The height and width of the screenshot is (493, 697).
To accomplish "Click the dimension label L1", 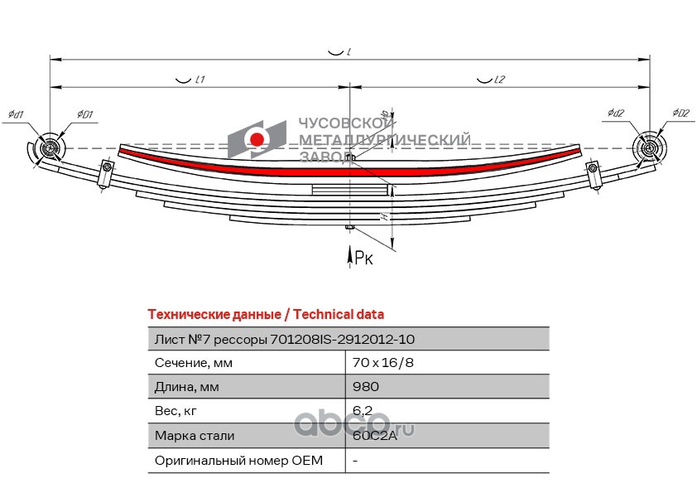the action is (199, 80).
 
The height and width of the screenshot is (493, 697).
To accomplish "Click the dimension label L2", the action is (498, 80).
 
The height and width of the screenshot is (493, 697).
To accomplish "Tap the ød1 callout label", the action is (16, 114).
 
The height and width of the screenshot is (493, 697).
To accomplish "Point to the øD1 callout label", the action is (85, 114).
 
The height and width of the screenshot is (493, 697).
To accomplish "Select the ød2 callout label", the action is (615, 113).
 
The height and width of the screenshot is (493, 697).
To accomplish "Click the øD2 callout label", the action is (681, 113).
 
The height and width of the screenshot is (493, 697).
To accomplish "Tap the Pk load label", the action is (364, 259).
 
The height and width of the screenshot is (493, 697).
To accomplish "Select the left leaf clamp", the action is (105, 174).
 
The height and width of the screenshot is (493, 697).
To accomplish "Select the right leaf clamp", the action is (593, 174).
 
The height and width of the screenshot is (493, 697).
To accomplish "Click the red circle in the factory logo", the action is (257, 138).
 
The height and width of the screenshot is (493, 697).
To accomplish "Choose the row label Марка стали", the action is (195, 436).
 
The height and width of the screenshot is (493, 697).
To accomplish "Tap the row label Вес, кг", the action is (177, 411).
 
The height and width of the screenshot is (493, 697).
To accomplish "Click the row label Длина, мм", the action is (185, 387).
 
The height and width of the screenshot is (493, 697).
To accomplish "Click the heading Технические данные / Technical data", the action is (265, 315).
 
